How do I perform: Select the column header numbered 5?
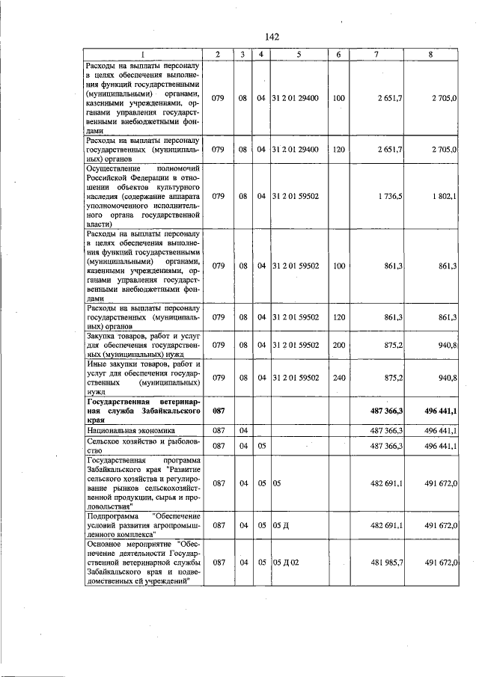coord(298,55)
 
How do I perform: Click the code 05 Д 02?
coord(289,562)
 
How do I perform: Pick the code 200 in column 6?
coord(338,345)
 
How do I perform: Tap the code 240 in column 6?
coord(338,378)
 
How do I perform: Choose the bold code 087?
coord(219,411)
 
